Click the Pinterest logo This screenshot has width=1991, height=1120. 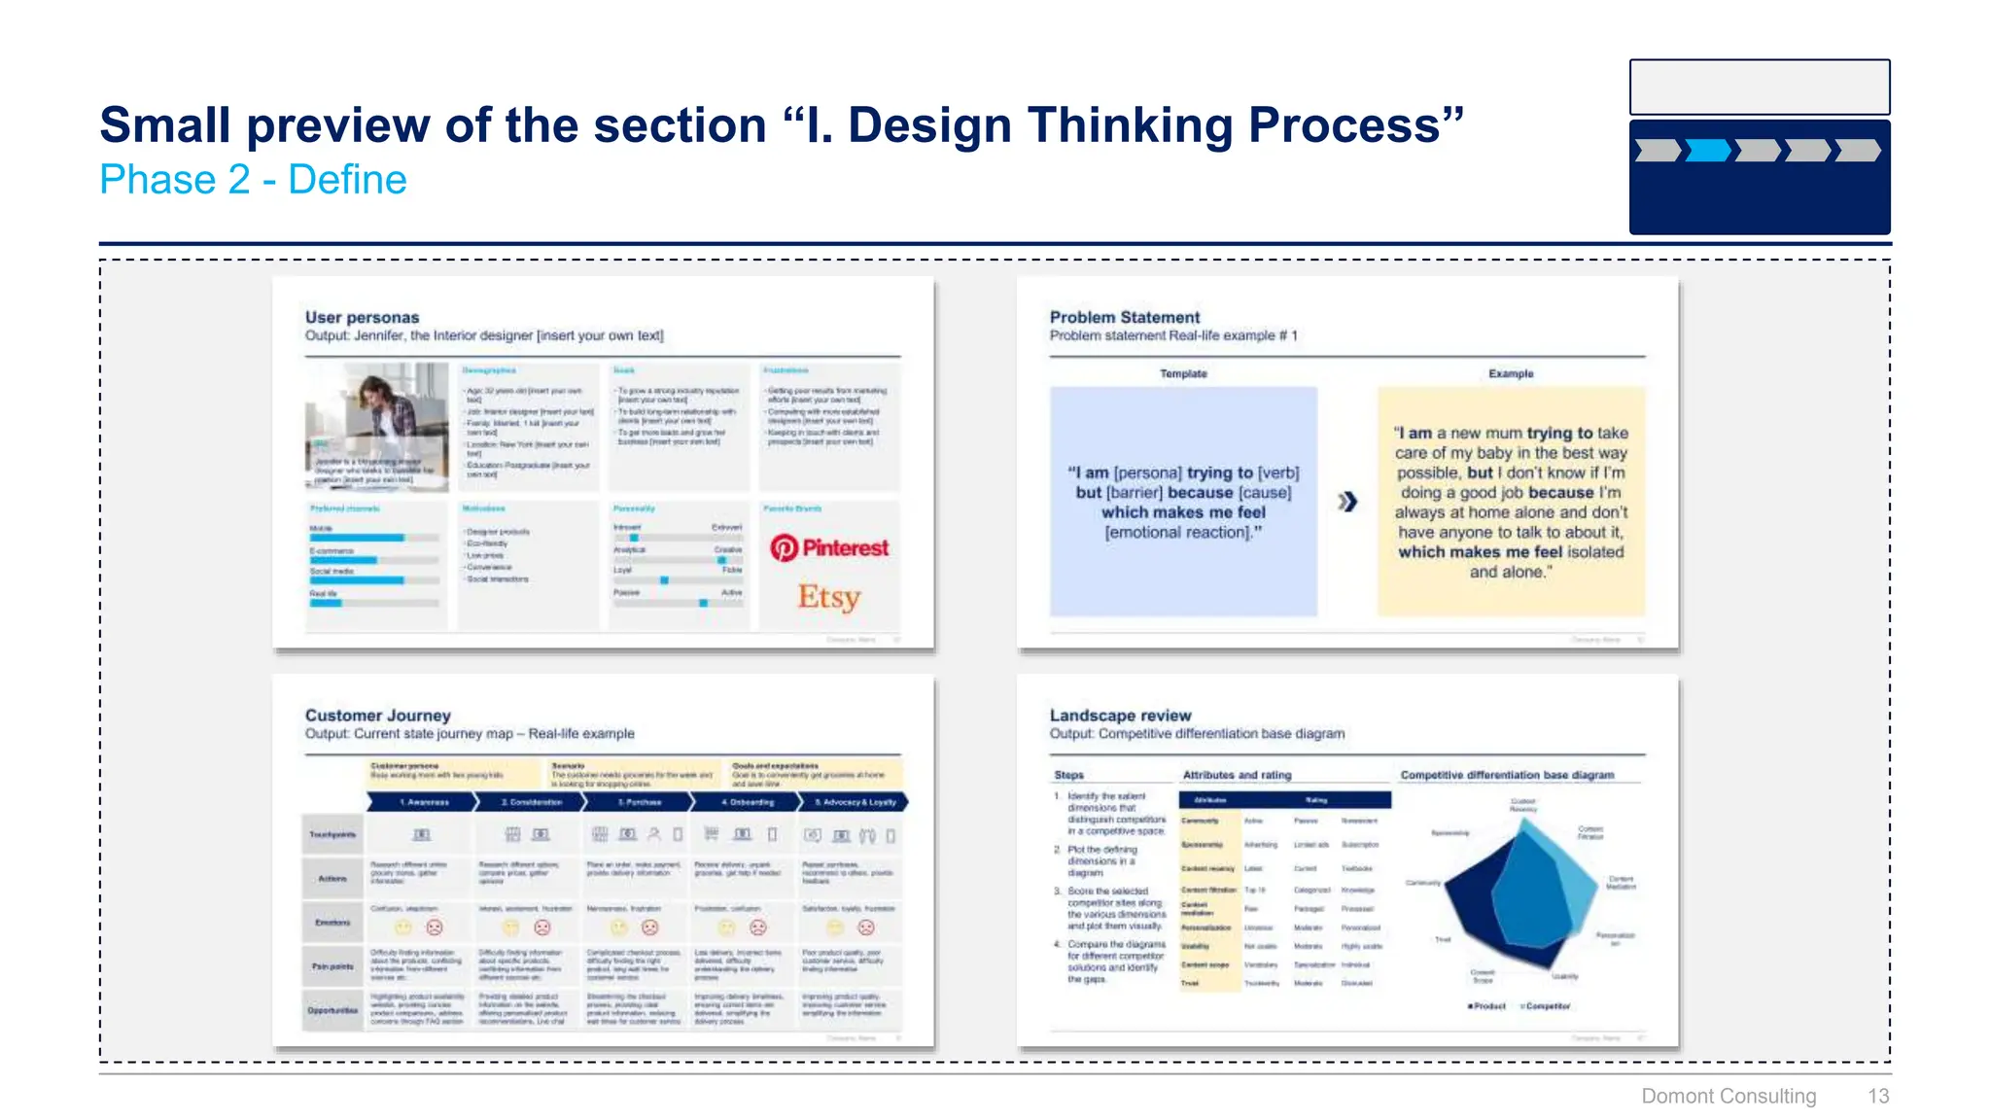click(828, 548)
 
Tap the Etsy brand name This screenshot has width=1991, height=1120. click(829, 596)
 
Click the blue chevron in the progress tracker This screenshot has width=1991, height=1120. click(1708, 151)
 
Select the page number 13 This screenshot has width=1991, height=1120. click(1877, 1096)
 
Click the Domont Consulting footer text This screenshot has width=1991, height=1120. click(1728, 1096)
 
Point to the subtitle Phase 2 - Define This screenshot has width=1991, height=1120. click(253, 180)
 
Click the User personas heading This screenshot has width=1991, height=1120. click(362, 317)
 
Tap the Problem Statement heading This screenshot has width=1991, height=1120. click(1124, 317)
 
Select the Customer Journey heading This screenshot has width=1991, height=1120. click(377, 715)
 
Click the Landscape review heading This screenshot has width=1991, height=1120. click(1120, 715)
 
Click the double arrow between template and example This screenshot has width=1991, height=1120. click(1346, 502)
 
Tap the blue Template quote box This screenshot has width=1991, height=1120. click(1183, 502)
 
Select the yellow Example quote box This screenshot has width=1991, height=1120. click(1511, 502)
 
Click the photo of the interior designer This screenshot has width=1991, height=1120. click(376, 426)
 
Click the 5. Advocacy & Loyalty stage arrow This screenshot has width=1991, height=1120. click(854, 802)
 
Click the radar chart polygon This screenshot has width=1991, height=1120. click(1517, 894)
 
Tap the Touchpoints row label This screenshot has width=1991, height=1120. click(332, 834)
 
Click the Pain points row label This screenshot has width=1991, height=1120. click(332, 966)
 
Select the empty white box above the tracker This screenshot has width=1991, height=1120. click(1759, 87)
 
